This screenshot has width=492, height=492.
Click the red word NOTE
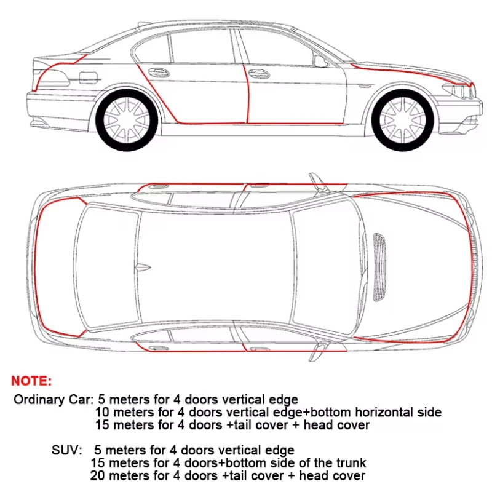[31, 381]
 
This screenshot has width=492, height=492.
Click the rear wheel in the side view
[127, 119]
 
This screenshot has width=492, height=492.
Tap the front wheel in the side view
[403, 120]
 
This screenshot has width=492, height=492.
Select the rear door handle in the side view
[159, 73]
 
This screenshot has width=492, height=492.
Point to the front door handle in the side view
[259, 74]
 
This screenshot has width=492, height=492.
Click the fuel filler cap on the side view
[88, 77]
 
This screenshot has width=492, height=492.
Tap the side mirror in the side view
[320, 61]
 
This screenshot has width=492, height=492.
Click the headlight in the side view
[458, 90]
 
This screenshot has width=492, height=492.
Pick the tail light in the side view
[52, 77]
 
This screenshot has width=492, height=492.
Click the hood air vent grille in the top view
[379, 267]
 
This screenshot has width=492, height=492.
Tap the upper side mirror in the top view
[318, 182]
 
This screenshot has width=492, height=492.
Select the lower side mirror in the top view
[318, 351]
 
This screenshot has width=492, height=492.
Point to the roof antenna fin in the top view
[143, 268]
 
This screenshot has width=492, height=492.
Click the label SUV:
[67, 450]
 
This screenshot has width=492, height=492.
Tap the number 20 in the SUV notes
[98, 475]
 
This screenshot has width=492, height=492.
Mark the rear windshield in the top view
[106, 267]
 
